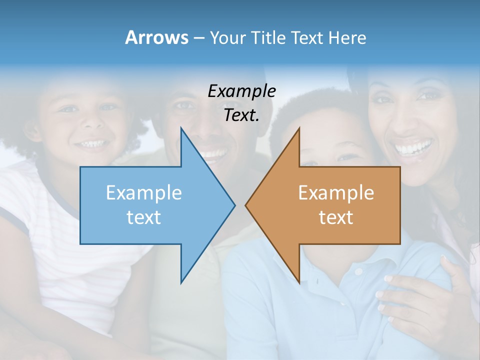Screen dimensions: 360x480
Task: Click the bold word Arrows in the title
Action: [x=156, y=37]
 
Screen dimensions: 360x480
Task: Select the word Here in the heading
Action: [x=347, y=37]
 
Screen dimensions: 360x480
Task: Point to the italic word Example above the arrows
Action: [x=242, y=91]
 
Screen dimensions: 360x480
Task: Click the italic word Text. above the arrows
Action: [x=242, y=115]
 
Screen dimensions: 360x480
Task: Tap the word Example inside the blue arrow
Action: [x=144, y=193]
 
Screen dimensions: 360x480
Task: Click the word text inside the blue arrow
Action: [x=144, y=217]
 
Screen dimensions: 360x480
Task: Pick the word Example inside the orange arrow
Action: [x=336, y=193]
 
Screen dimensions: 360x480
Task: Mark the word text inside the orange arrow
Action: [x=336, y=217]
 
